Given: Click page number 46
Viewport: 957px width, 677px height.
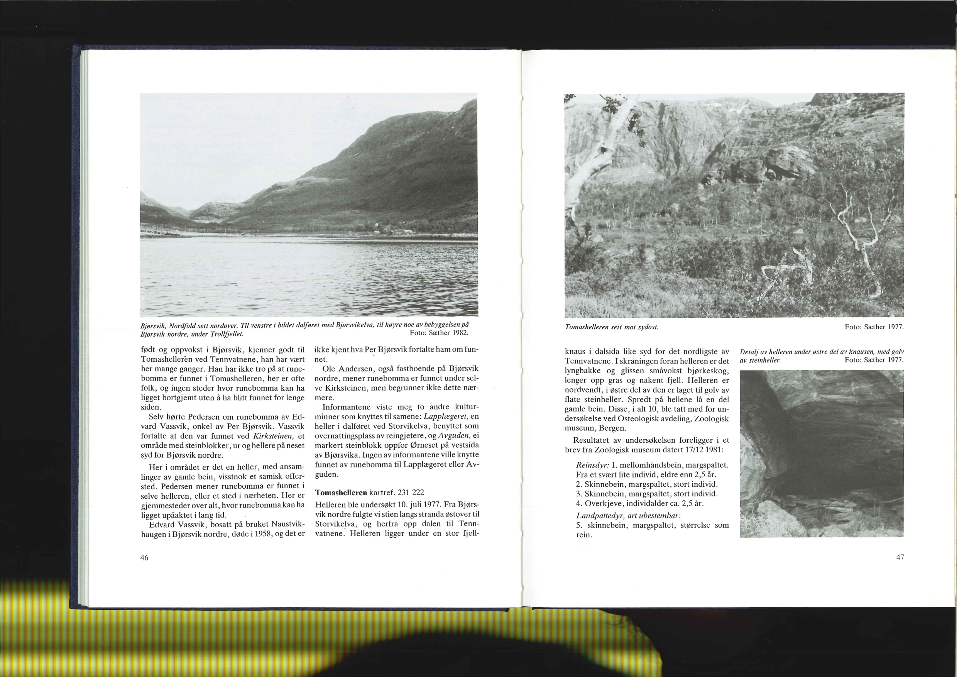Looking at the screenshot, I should [x=144, y=558].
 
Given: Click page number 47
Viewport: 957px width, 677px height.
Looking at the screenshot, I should [x=900, y=557].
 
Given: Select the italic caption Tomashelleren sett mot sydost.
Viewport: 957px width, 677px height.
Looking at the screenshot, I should [x=611, y=327].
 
